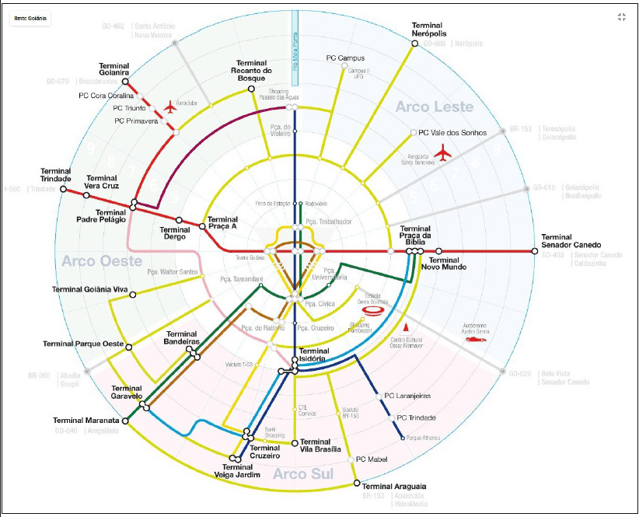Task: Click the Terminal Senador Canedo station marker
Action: click(x=534, y=251)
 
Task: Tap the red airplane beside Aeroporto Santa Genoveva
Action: click(x=443, y=152)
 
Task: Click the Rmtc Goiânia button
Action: click(x=30, y=19)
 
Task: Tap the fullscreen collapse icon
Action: click(x=621, y=17)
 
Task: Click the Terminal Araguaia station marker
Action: click(x=357, y=484)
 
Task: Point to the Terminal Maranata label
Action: click(x=86, y=421)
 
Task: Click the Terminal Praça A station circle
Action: click(x=202, y=226)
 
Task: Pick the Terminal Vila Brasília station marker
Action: click(x=295, y=443)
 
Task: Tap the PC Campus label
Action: click(x=345, y=58)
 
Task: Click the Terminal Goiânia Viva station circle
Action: click(x=134, y=295)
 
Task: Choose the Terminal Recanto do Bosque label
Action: click(x=254, y=72)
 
